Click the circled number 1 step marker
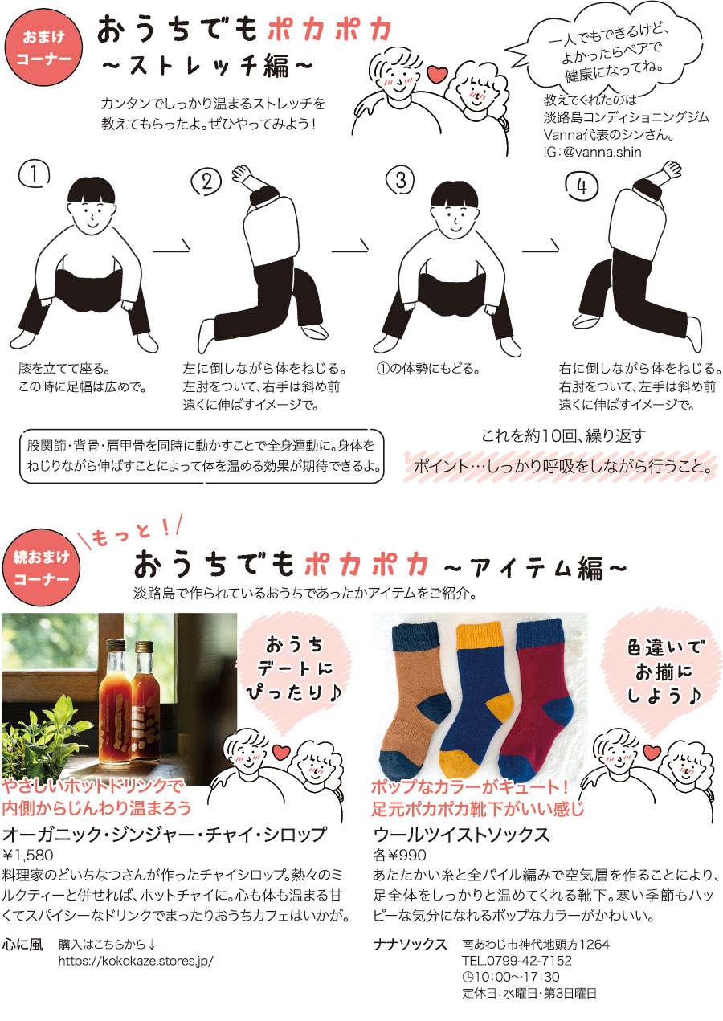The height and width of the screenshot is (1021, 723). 34,174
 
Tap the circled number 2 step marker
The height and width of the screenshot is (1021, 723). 206,182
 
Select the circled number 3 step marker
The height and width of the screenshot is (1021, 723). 400,180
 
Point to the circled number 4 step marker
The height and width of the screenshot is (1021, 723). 582,186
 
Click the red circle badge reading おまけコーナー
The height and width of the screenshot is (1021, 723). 43,47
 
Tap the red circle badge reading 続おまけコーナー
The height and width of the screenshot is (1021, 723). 41,568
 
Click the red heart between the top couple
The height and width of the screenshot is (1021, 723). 437,74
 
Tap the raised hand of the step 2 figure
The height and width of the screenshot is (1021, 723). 242,174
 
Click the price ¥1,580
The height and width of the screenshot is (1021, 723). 28,855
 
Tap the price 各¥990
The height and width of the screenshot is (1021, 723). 399,855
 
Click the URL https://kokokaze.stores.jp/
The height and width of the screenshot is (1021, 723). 136,961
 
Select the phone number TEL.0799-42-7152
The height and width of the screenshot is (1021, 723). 517,961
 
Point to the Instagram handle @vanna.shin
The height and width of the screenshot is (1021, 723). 602,152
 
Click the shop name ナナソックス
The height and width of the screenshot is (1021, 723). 410,945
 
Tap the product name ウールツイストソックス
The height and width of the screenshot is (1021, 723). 461,835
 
